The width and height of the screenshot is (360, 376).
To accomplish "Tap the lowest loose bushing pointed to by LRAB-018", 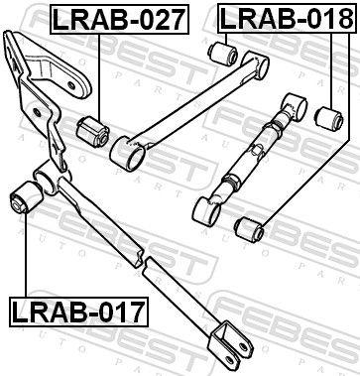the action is pos(247,229).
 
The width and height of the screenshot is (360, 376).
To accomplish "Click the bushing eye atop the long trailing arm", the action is pos(48,183).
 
